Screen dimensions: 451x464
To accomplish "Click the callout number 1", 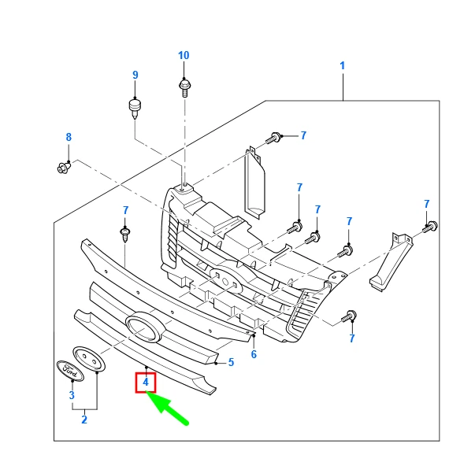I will pos(343,66).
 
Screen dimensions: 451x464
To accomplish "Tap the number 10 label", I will pos(184,55).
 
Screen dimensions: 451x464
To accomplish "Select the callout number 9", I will pos(135,75).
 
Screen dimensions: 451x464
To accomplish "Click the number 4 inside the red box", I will pos(145,383).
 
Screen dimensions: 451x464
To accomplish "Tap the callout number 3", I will pos(71,395).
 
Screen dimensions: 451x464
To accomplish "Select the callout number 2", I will pos(84,420).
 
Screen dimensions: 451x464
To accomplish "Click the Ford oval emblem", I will pos(69,368).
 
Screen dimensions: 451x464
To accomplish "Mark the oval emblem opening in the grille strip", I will pos(143,327).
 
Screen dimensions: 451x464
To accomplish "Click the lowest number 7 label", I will pos(352,338).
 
